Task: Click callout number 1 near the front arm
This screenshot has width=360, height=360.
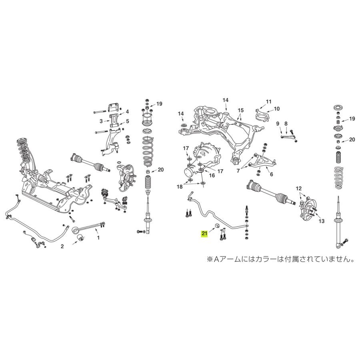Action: coord(97,238)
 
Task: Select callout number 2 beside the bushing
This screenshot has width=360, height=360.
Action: coord(62,247)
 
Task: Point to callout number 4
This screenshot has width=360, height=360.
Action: coord(127,112)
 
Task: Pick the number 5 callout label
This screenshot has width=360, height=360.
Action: coord(127,121)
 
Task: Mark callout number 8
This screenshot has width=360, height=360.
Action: coord(286,124)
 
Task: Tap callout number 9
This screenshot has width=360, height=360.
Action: coord(277,124)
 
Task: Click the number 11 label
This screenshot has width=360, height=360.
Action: coord(268,101)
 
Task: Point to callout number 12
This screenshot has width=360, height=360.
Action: coord(298,188)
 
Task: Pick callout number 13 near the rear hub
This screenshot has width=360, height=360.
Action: coord(320,221)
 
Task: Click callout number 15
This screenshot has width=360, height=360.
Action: coord(240,110)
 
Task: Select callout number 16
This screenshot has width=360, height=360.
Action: coord(212,175)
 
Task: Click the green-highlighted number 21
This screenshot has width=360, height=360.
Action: coord(204,232)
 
